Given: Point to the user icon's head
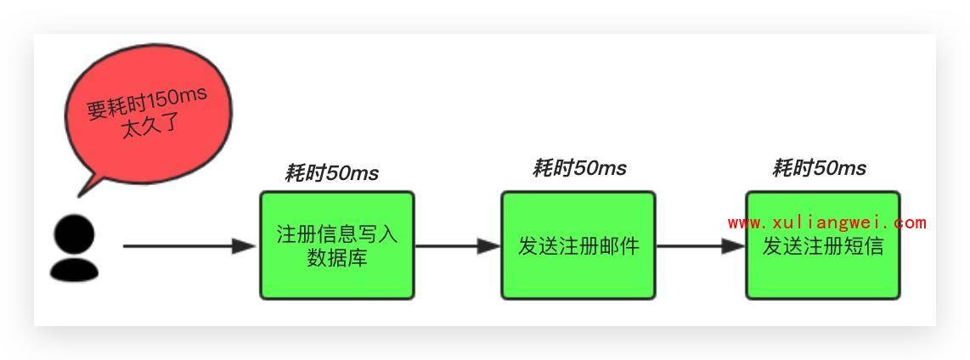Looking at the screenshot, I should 75,233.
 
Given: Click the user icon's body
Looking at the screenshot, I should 74,267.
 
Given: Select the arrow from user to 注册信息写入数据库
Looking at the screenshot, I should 187,246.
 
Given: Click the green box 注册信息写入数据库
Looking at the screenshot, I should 336,245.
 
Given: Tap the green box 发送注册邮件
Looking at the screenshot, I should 578,245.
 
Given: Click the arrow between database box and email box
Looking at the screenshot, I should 457,246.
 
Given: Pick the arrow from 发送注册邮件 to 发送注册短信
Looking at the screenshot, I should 700,246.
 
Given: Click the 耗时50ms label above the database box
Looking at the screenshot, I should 331,173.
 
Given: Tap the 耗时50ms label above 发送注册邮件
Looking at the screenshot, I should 579,168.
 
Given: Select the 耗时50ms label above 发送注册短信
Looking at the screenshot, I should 819,168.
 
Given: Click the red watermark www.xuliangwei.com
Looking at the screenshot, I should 826,222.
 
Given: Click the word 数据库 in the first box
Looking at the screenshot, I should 337,257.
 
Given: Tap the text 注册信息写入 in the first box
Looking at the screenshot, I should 337,234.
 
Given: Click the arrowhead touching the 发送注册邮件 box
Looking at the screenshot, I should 489,246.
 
